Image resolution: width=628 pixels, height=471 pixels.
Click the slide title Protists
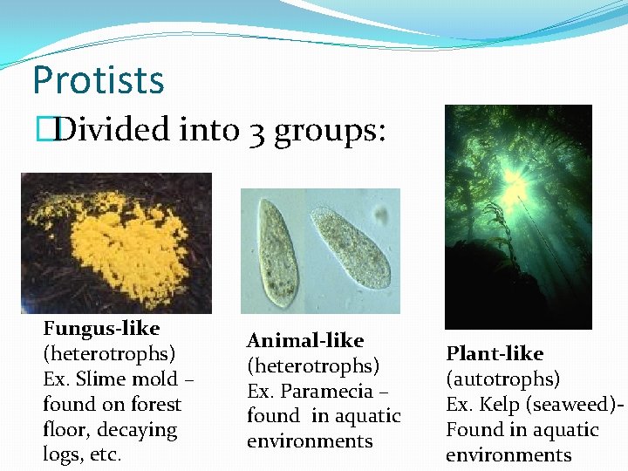[98, 80]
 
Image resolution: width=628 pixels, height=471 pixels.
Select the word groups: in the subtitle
[329, 132]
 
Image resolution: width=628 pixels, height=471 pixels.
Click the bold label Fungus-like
[101, 329]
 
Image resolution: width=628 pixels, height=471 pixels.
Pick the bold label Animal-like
[305, 341]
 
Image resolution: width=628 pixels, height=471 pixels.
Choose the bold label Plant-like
[495, 354]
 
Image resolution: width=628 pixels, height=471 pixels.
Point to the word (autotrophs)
[502, 379]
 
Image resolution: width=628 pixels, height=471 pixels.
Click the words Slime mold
[130, 379]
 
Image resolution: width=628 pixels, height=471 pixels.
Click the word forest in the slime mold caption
[152, 405]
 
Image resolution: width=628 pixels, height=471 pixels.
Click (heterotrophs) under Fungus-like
[109, 354]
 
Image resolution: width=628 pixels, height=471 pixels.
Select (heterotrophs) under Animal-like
[313, 366]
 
